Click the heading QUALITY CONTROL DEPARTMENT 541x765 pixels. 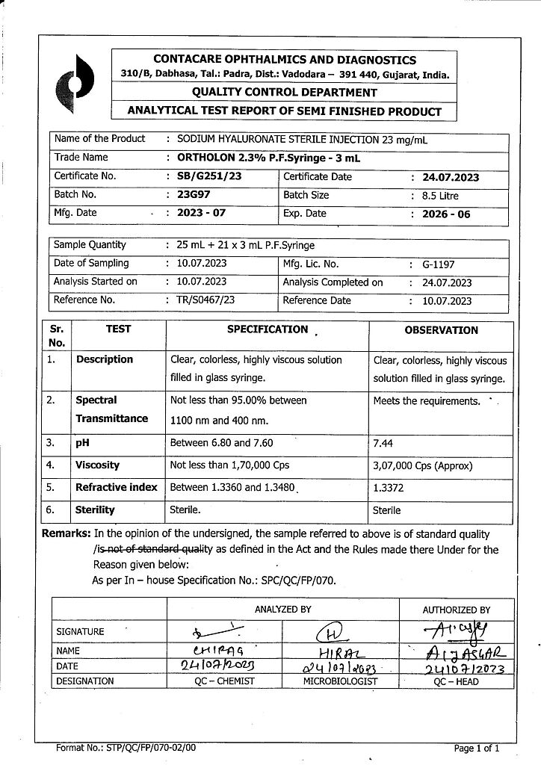click(x=284, y=93)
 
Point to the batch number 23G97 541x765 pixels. click(x=194, y=195)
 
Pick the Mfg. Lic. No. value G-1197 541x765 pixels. click(x=438, y=264)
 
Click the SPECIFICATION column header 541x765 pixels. click(x=268, y=329)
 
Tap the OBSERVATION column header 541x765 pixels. click(x=441, y=330)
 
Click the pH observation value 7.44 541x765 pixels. click(x=383, y=443)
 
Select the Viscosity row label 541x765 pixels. click(x=97, y=465)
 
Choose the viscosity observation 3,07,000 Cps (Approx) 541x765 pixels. click(x=423, y=465)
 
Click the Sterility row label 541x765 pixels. click(x=95, y=510)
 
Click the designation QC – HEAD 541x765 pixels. click(x=455, y=681)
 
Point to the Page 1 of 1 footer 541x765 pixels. click(x=476, y=747)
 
